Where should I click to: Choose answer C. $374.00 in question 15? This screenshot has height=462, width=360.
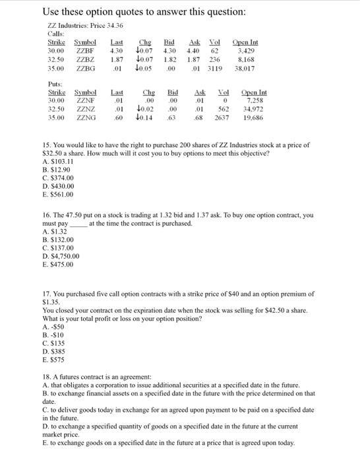pos(58,178)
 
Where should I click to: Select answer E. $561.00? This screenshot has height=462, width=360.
pos(58,195)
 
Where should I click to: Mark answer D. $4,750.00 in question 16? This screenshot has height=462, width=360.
pos(61,256)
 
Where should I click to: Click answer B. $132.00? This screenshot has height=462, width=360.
pos(58,240)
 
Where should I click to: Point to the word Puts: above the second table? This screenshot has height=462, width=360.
pos(55,84)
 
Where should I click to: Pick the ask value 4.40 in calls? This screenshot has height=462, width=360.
pos(194,49)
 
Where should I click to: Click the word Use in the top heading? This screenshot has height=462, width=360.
pos(52,12)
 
